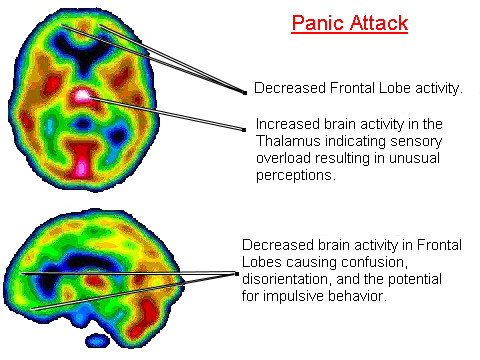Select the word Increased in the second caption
pyautogui.click(x=286, y=124)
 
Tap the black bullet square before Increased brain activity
pyautogui.click(x=245, y=128)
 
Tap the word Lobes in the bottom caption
pyautogui.click(x=262, y=262)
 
